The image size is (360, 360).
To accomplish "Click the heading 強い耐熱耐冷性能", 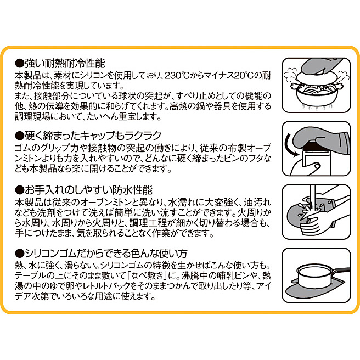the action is [x=65, y=64].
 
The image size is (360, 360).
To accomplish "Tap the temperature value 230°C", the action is [x=177, y=75].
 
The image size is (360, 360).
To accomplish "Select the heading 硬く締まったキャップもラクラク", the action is [x=93, y=136].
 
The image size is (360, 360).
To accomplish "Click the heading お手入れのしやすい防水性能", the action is [x=88, y=190].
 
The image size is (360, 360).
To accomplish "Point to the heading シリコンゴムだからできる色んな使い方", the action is [x=106, y=253].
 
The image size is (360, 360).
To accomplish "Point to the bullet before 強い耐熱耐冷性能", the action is [x=19, y=64].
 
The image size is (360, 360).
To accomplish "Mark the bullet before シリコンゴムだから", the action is [x=19, y=254].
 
